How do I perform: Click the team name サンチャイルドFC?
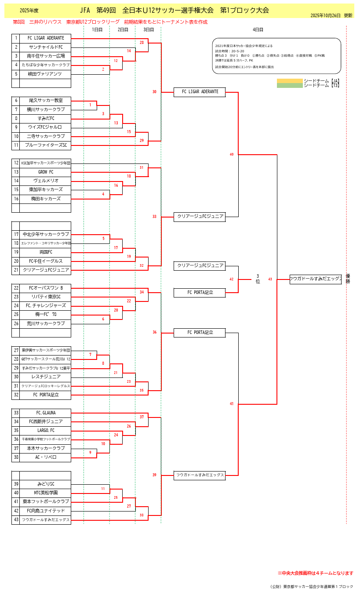(x=45, y=47)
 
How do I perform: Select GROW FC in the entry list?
(x=45, y=172)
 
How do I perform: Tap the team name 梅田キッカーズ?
(x=45, y=199)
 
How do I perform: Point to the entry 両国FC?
(x=45, y=252)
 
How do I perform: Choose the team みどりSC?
(x=45, y=484)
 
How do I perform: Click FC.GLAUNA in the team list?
(x=45, y=413)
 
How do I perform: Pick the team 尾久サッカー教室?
(x=45, y=101)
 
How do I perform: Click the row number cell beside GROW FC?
(x=16, y=172)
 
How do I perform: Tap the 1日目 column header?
(x=97, y=30)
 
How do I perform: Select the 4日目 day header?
(x=258, y=30)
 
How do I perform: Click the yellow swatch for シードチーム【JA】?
(x=290, y=81)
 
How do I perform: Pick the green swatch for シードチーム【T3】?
(x=290, y=85)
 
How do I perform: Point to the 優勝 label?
(x=348, y=279)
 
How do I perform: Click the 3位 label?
(x=258, y=279)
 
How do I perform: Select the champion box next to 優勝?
(x=316, y=279)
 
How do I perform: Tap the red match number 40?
(x=232, y=154)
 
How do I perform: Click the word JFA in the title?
(x=85, y=10)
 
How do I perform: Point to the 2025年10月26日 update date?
(x=325, y=15)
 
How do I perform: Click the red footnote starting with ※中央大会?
(x=315, y=573)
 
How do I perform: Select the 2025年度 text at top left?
(x=29, y=10)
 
